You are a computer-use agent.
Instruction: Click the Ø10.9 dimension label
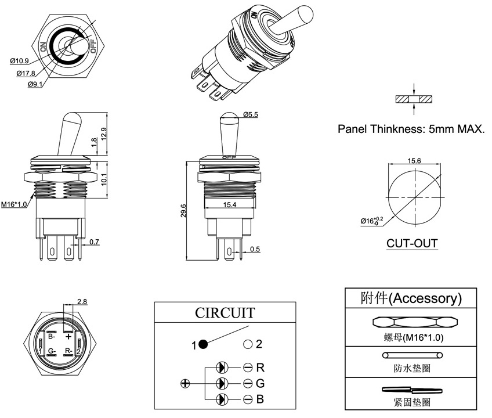coord(19,61)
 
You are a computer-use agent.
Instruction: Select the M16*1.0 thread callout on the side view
coord(13,204)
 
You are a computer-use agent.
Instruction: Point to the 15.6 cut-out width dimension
coord(414,160)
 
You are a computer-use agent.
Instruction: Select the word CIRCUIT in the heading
coord(224,313)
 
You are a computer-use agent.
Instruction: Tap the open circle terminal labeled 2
coord(248,344)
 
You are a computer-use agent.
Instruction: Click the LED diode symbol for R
coord(222,367)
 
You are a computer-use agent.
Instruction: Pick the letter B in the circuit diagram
coord(261,399)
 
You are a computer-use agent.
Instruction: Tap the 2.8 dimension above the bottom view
coord(82,301)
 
